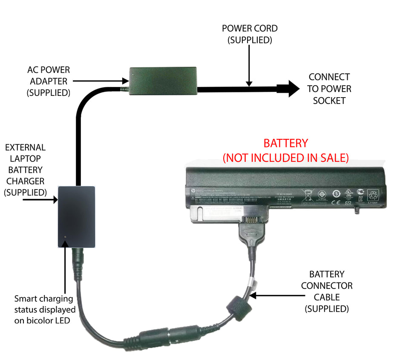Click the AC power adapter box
(163, 81)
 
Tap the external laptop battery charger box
(76, 217)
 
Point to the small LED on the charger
(65, 237)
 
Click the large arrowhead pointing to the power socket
(289, 89)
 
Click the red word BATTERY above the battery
(285, 143)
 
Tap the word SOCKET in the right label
(329, 101)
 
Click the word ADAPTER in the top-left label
(49, 81)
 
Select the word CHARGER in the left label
(25, 181)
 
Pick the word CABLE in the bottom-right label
(326, 297)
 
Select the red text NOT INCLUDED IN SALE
(285, 158)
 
